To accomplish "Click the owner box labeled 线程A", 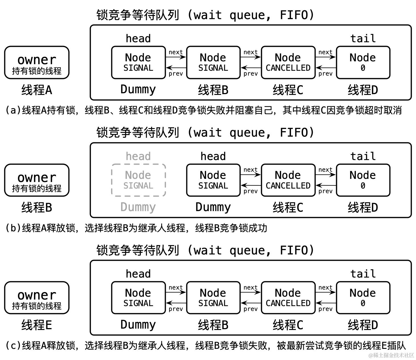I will coord(37,62).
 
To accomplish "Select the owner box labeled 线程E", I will coord(37,298).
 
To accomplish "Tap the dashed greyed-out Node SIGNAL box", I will coord(138,180).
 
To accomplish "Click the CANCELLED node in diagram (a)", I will coord(288,62).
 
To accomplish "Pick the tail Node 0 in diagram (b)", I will coord(363,180).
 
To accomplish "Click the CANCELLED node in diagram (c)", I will coord(288,298).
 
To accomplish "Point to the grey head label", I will coord(138,156).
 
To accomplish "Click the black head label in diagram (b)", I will coord(213,156).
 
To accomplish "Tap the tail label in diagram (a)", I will coord(363,39).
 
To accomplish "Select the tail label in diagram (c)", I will coord(363,274).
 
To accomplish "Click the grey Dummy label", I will coord(138,207).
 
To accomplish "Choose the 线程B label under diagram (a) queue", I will coord(213,90).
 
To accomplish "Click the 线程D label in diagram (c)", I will coord(363,325).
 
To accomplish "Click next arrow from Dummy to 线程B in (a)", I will coord(176,57).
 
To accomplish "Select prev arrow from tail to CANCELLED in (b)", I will coord(326,185).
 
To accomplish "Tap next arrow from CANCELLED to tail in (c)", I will coord(326,292).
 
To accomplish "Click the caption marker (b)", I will coord(12,228).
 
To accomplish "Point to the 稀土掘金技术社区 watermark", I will coord(391,355).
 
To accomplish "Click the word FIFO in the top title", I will coord(294,15).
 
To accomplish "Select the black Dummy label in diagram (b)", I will coord(213,207).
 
